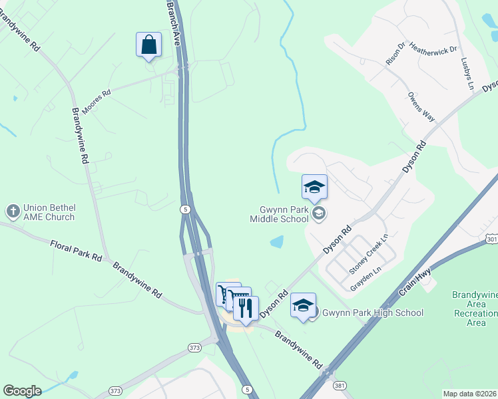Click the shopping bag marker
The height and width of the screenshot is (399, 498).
tap(148, 45)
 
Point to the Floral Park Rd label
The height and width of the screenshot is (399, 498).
tap(77, 251)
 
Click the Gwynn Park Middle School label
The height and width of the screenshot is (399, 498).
tap(280, 213)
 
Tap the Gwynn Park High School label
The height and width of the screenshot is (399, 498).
tap(373, 313)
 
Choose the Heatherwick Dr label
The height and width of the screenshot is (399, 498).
tap(433, 49)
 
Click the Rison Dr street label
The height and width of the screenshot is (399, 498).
tap(395, 54)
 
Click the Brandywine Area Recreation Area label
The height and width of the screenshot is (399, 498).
tap(475, 309)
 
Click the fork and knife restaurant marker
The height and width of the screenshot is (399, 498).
tap(246, 308)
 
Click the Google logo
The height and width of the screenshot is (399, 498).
tap(23, 391)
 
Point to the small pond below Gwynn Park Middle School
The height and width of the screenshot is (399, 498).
tap(276, 243)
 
